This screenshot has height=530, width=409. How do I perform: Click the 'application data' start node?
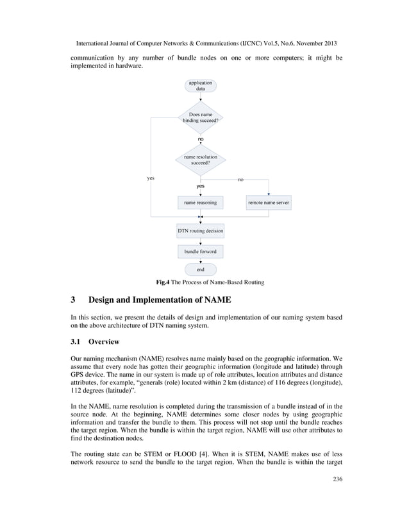click(201, 86)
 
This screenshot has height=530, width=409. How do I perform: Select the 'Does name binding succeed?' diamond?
click(201, 117)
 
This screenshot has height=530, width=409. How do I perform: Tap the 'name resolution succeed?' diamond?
click(201, 160)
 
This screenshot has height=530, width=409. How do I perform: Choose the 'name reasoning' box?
click(201, 203)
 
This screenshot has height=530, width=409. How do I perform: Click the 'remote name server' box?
click(269, 203)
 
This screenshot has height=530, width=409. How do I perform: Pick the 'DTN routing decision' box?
click(201, 230)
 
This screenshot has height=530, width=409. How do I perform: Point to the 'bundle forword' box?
click(201, 251)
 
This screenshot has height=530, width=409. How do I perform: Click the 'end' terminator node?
click(201, 269)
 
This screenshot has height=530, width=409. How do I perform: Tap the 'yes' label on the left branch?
click(151, 178)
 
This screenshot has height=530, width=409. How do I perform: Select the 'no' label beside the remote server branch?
click(240, 180)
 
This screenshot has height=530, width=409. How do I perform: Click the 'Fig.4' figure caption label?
click(164, 282)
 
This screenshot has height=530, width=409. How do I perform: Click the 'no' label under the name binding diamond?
click(201, 139)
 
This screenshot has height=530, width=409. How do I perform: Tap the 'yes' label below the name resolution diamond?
click(201, 186)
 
